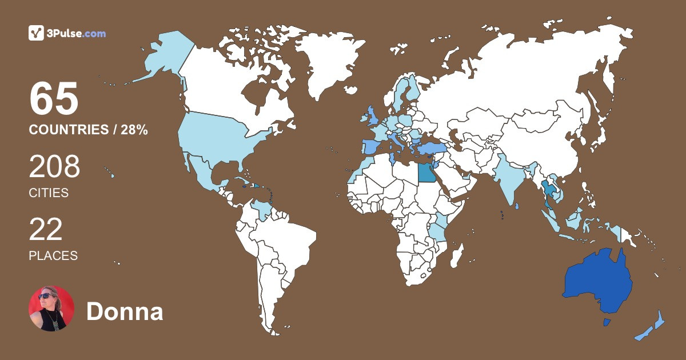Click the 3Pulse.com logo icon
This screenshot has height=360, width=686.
(x=37, y=33)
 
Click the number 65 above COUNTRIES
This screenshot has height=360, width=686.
(x=54, y=99)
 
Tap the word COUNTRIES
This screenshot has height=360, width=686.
(x=68, y=130)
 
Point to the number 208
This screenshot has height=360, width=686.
(x=55, y=167)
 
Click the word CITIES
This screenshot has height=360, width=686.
(x=49, y=193)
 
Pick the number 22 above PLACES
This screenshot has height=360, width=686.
(x=46, y=229)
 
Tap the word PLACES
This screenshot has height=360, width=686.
(x=53, y=255)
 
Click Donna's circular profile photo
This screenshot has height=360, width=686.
(x=51, y=309)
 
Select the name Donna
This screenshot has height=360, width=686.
(x=125, y=312)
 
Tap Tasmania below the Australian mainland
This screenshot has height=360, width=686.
(x=607, y=323)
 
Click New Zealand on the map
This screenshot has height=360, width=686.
(x=652, y=329)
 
